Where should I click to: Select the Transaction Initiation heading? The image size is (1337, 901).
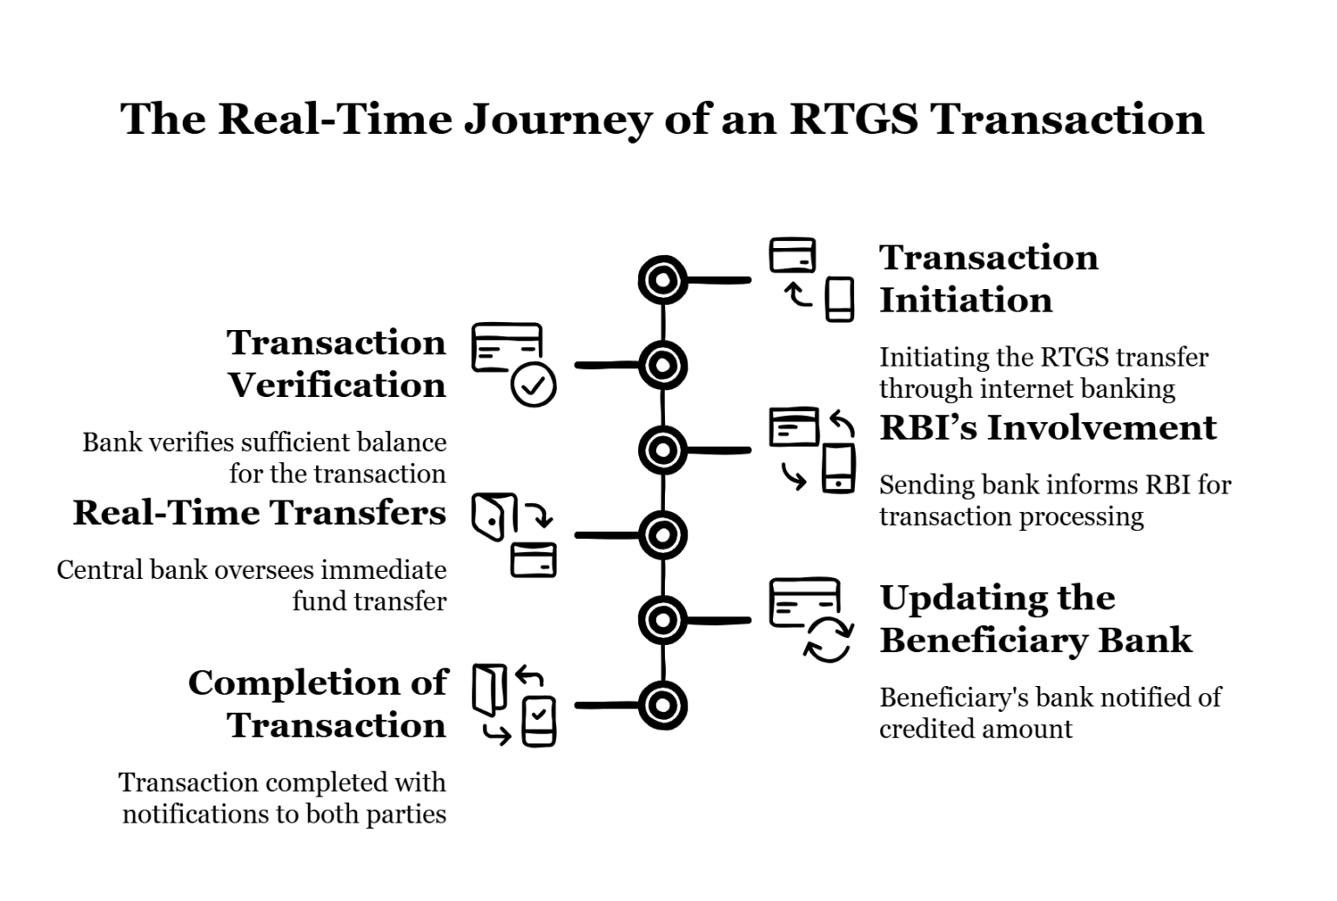(x=988, y=279)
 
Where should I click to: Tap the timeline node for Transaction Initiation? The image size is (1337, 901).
(x=662, y=280)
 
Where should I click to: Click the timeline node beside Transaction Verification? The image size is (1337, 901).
(x=662, y=366)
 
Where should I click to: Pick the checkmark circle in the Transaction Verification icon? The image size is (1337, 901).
(x=533, y=385)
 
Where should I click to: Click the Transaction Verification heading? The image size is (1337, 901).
(x=337, y=364)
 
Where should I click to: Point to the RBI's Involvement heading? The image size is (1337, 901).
(x=1047, y=427)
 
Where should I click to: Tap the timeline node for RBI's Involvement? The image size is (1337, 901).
(x=662, y=450)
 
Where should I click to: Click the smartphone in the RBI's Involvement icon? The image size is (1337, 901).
(x=838, y=468)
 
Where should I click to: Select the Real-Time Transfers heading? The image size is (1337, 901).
(x=259, y=513)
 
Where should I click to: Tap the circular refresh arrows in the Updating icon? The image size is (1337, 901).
(x=827, y=641)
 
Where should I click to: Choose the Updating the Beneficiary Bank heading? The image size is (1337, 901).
(x=1035, y=619)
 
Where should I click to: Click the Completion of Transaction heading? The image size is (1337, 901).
(x=318, y=704)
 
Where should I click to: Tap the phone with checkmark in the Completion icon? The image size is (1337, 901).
(x=539, y=721)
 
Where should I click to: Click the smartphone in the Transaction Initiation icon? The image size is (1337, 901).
(x=839, y=299)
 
